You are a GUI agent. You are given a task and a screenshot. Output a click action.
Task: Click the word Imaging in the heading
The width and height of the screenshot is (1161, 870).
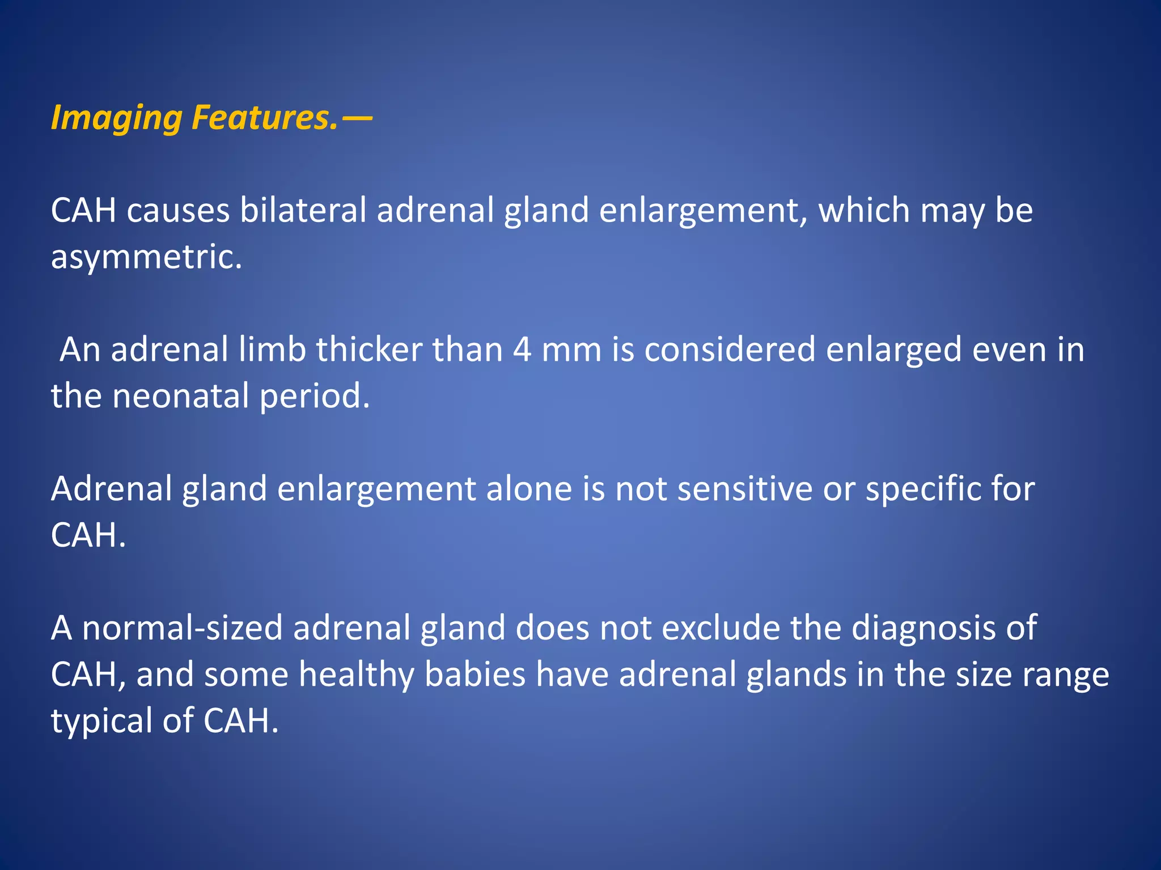pos(116,119)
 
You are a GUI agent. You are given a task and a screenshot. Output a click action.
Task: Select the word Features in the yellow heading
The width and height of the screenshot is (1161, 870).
pos(264,118)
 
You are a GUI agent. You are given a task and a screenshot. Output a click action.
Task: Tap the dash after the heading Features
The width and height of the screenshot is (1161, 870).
pos(358,119)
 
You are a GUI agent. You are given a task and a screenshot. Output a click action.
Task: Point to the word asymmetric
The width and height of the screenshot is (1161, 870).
pos(146,257)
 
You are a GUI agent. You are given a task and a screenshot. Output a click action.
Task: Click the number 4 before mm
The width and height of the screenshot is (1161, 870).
pos(522,349)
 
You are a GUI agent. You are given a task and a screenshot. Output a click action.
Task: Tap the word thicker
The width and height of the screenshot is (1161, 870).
pos(369,349)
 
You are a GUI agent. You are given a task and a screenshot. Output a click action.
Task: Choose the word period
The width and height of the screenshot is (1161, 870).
pos(315,396)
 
